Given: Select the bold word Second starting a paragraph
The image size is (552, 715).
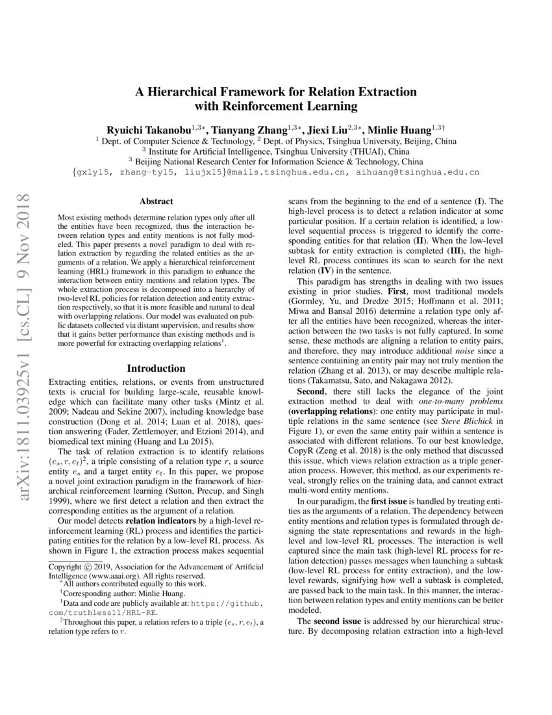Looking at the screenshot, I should [x=312, y=392].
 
